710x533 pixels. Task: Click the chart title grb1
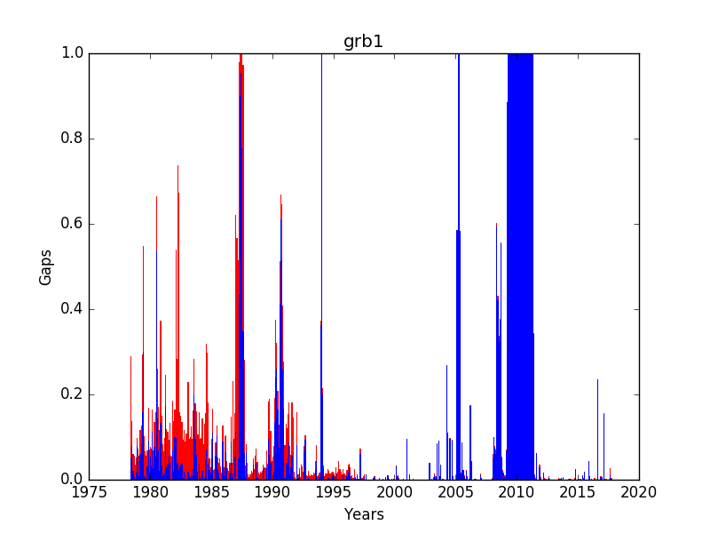click(363, 42)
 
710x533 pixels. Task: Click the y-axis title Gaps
click(45, 267)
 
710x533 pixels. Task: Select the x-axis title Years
click(364, 514)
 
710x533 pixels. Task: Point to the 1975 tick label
click(90, 492)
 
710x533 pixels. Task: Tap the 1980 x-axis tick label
click(150, 492)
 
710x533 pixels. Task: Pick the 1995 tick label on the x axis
click(334, 492)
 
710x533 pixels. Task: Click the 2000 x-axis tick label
click(394, 492)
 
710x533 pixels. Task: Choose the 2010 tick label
click(517, 492)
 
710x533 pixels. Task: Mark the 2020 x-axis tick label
click(639, 492)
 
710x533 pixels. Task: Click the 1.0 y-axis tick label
click(73, 53)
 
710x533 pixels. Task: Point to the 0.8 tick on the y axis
click(73, 139)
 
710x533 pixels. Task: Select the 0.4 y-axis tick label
click(73, 309)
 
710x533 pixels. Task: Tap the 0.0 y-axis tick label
click(73, 480)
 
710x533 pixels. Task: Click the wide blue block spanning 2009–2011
click(520, 266)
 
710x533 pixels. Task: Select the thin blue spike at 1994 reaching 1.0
click(321, 266)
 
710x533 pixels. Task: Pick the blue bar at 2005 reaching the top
click(458, 266)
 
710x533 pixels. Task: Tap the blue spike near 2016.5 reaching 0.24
click(597, 430)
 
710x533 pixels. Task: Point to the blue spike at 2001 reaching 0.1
click(406, 459)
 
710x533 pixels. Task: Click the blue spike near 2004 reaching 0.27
click(446, 423)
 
